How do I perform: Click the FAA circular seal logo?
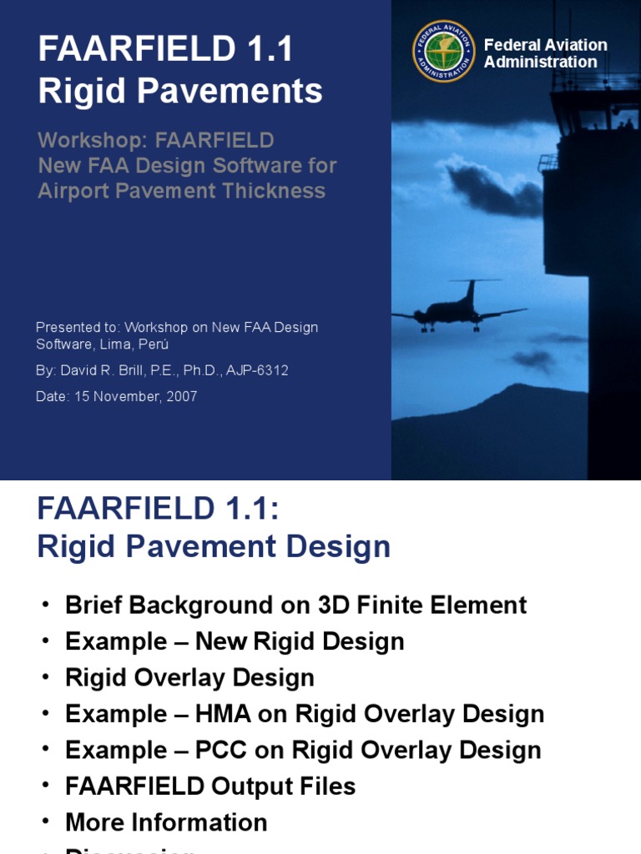click(444, 52)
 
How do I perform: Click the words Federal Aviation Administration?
click(545, 53)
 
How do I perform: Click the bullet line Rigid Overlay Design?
click(189, 677)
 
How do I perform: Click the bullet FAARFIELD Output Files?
click(210, 786)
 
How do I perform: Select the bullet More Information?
click(166, 822)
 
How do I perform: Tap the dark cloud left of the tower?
click(492, 188)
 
